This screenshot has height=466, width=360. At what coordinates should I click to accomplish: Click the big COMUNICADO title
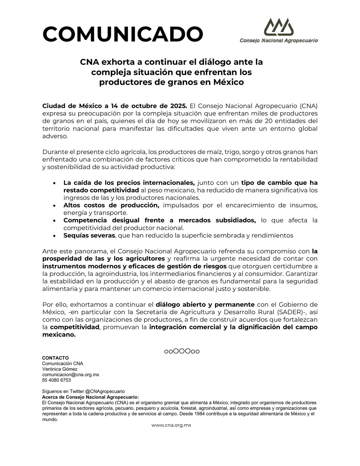pos(123,34)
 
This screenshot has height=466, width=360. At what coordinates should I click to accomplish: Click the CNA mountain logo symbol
pos(278,27)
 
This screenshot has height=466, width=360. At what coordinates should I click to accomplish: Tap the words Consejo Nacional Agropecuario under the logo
pos(278,41)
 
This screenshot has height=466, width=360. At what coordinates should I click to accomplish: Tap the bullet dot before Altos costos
pos(54,206)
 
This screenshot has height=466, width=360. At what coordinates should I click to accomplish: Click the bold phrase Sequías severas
pos(89,235)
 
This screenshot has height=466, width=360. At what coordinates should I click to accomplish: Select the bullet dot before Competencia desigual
pos(54,221)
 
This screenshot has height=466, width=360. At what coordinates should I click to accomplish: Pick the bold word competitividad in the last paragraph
pos(75,327)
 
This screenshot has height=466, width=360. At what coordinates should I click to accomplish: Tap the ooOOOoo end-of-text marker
pos(182,351)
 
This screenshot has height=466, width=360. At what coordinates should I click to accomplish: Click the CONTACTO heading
pos(55,358)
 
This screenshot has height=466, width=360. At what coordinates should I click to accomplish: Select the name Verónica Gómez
pos(60,369)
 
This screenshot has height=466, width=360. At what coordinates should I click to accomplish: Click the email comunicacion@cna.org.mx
pos(70,375)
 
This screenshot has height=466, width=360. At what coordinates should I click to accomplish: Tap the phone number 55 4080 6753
pos(57,380)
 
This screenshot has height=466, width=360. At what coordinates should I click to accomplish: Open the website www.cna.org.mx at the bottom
pos(171,425)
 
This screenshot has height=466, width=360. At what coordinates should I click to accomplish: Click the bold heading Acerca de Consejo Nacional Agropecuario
pos(90,397)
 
